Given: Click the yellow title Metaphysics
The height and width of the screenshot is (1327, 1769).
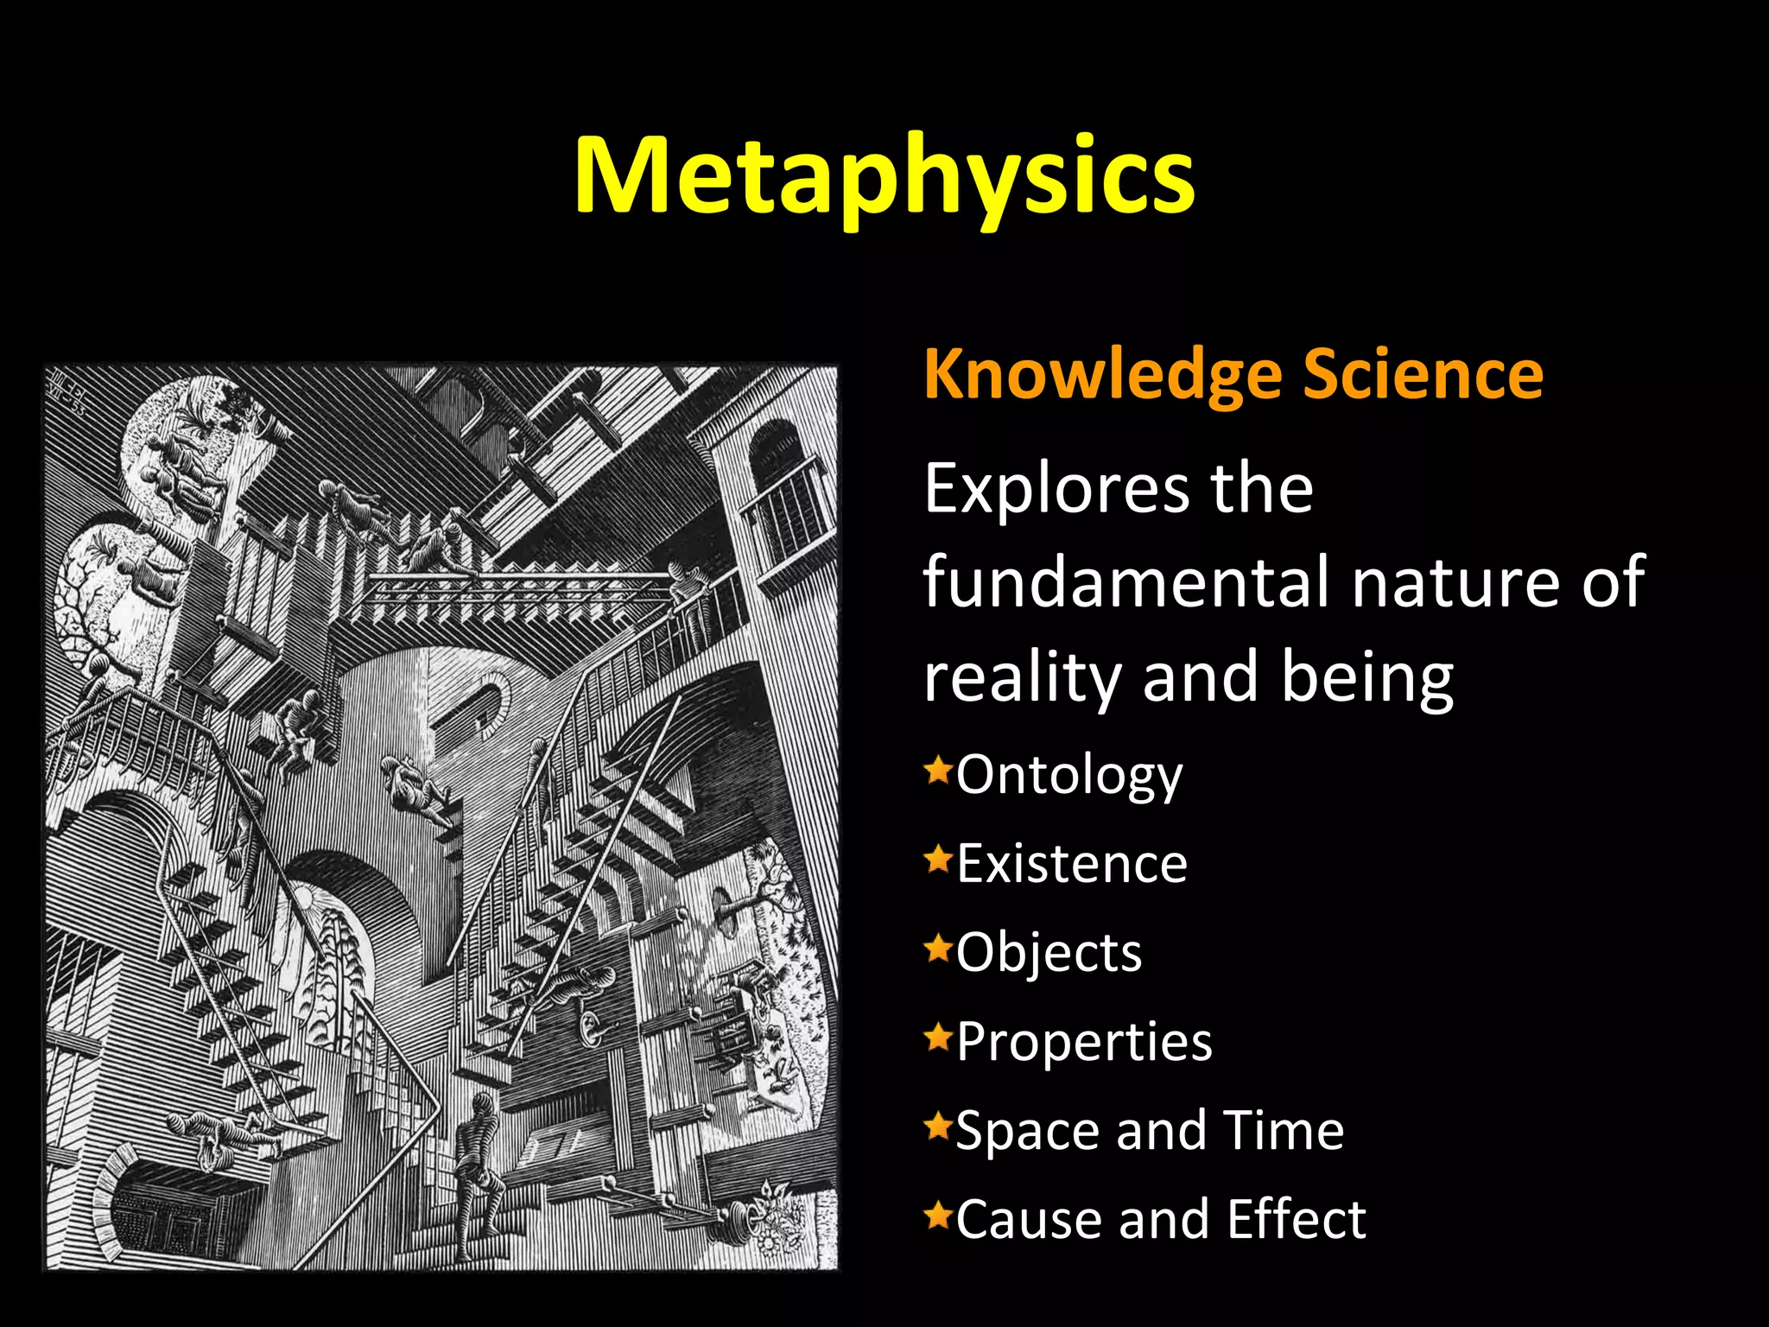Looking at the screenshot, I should tap(884, 177).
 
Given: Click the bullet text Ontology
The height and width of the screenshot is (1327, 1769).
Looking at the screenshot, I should tap(1069, 776).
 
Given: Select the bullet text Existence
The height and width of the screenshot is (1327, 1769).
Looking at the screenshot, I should tap(1072, 864).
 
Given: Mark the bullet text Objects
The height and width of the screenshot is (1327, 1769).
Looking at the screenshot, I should tap(1049, 954).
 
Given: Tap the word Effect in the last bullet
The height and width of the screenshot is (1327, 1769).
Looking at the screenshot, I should tap(1297, 1220).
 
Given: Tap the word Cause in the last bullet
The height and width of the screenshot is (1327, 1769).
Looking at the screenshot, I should tap(1029, 1220).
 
